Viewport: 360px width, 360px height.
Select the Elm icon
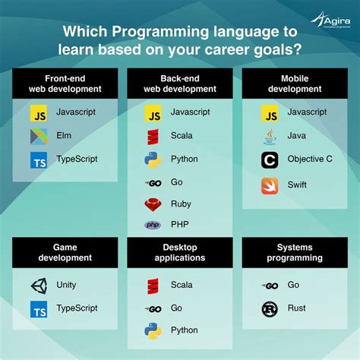[x=39, y=137]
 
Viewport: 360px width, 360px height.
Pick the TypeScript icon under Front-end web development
[x=39, y=160]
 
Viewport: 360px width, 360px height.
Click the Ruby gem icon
[x=154, y=204]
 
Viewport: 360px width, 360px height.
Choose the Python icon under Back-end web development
[x=154, y=159]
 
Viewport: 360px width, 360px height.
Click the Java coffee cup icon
[x=270, y=137]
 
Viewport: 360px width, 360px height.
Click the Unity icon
[x=39, y=286]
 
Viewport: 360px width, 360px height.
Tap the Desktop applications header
[x=180, y=252]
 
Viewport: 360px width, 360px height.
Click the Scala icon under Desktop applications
[x=154, y=286]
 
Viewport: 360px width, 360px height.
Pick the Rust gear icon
[x=270, y=308]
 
